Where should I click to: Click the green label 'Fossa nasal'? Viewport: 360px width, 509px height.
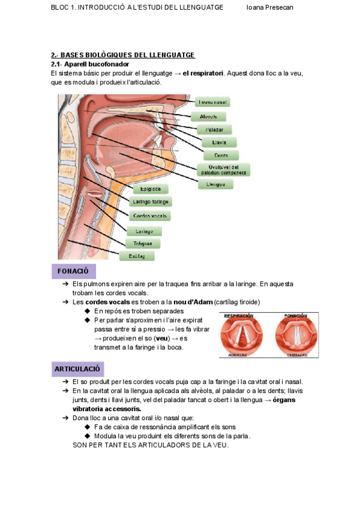[x=212, y=103]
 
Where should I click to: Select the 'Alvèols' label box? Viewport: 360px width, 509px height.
[x=208, y=116]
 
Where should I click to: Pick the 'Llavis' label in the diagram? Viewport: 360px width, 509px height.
[x=220, y=143]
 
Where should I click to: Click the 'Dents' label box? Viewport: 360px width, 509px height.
[x=221, y=155]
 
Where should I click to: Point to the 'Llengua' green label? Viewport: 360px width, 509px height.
[x=215, y=184]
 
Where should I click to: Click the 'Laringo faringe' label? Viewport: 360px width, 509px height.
[x=151, y=202]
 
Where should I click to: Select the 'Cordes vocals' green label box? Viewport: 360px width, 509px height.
[x=150, y=215]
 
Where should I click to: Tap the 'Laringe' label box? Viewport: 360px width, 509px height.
[x=144, y=231]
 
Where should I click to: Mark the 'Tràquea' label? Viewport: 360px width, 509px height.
[x=143, y=244]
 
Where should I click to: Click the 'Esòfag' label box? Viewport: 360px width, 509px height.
[x=137, y=256]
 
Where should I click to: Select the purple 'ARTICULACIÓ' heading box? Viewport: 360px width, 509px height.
[x=77, y=369]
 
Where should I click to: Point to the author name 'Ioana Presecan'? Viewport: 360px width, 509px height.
[x=270, y=7]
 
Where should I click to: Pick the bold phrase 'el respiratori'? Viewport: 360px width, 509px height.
[x=203, y=73]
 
